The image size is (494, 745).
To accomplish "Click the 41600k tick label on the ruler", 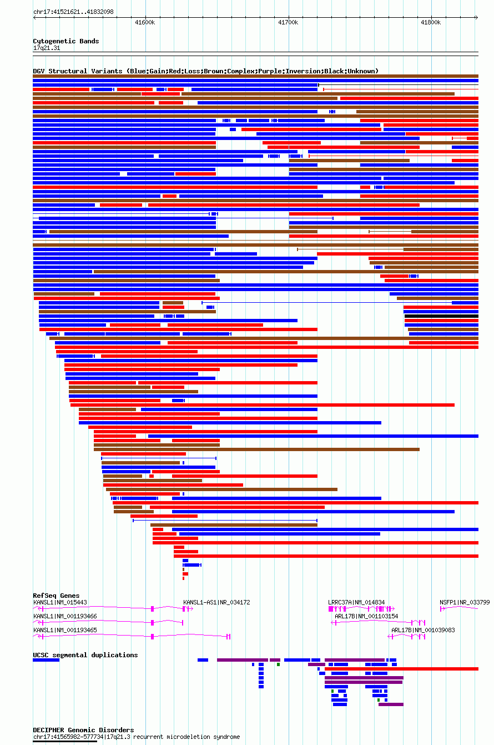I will point(145,23).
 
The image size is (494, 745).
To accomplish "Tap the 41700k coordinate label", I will point(288,23).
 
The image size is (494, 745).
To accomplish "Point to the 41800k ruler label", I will point(431,23).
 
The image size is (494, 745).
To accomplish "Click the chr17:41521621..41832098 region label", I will point(73,12).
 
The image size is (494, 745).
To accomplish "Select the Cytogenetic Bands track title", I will point(66,41).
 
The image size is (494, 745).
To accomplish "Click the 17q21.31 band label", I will point(47,48).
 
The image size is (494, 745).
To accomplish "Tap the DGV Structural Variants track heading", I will point(206,71).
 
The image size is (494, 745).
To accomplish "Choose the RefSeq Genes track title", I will point(56,596).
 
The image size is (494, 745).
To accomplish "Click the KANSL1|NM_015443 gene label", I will point(60,603).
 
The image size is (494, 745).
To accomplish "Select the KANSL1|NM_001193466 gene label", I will point(65,616).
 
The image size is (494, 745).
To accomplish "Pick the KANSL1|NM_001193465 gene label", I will point(65,630).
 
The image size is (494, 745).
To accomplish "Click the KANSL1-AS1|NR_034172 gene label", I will point(216,603).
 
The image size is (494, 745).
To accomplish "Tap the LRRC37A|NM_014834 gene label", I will point(356,603).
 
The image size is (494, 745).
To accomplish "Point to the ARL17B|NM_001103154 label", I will point(366,616).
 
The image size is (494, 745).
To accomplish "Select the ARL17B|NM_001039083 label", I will point(423,630).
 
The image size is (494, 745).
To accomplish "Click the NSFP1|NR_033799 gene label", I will point(465,603).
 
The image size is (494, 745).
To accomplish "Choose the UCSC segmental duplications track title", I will point(85,655).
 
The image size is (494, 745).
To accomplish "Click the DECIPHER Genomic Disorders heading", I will point(83,730).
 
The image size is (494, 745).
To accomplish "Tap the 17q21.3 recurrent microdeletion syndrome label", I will point(137,737).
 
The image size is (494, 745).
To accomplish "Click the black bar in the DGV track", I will point(441,316).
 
